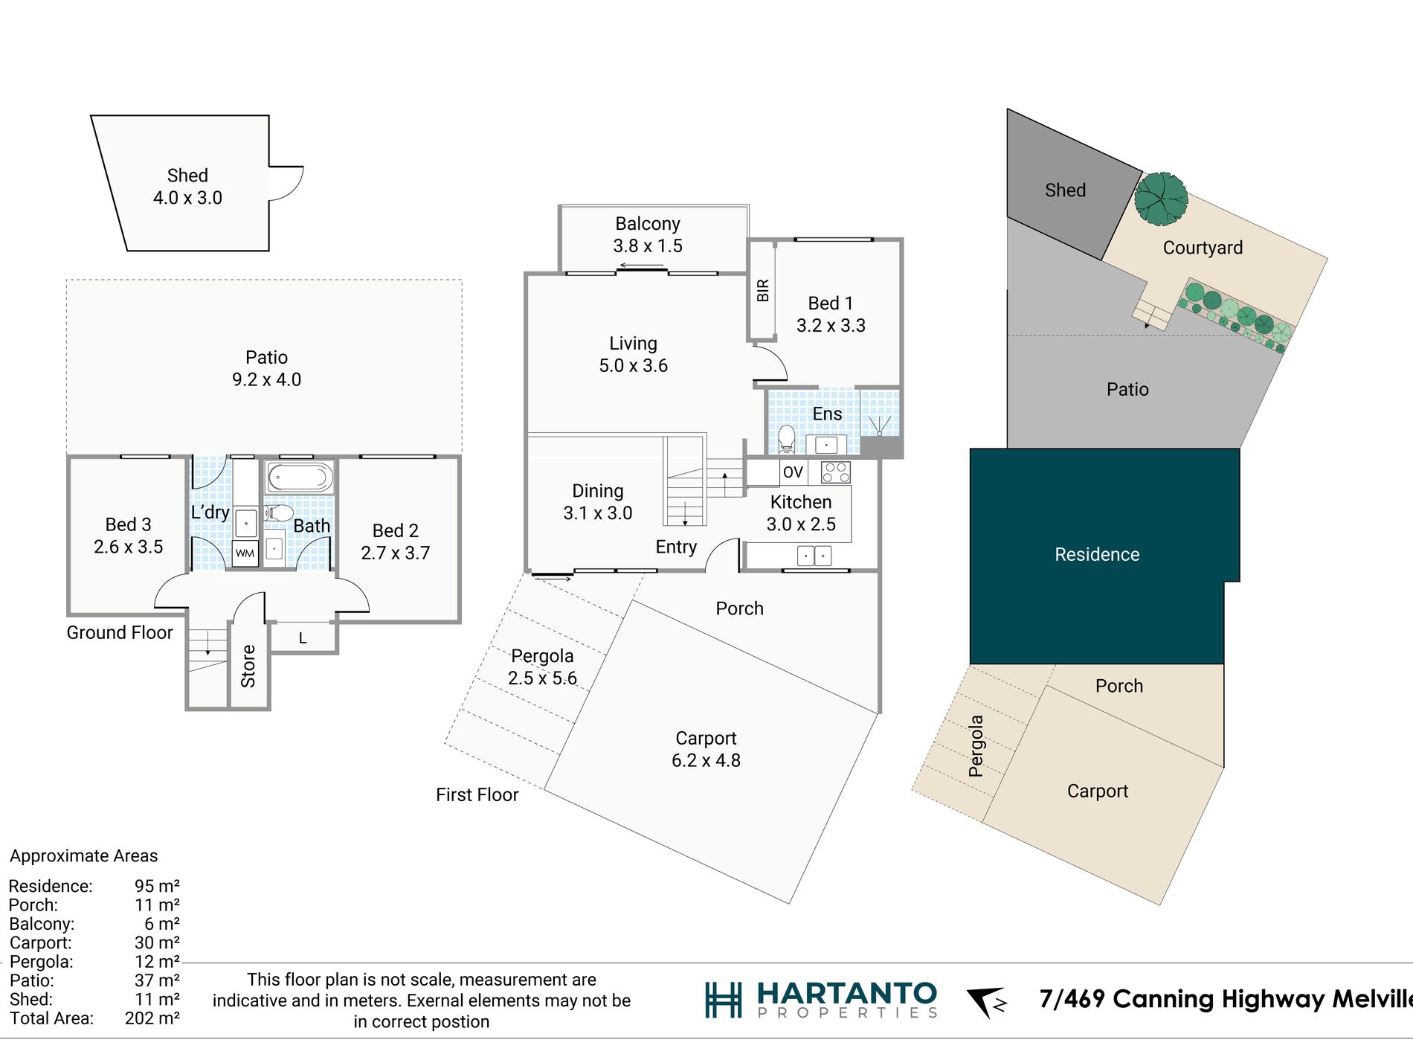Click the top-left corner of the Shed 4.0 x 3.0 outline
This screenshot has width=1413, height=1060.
[91, 115]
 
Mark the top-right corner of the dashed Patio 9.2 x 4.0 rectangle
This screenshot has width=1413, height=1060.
[462, 280]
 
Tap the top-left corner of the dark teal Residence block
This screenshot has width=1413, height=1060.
[971, 449]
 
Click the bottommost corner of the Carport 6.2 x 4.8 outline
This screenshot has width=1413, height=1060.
[789, 904]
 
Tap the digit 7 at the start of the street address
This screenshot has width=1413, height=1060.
[1046, 998]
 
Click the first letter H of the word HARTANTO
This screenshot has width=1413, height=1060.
[771, 993]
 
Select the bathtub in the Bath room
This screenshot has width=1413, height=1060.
[300, 477]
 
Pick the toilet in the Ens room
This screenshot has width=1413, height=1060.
[787, 438]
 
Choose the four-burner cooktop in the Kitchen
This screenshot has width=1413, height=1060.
[835, 472]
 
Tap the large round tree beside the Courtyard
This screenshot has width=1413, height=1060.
[1161, 199]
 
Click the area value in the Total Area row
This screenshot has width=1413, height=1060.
[152, 1018]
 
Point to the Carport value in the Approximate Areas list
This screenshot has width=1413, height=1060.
[157, 942]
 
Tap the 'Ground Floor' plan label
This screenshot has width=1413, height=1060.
[120, 632]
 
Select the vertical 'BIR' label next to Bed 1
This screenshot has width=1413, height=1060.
[762, 290]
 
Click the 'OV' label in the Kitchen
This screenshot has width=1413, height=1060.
[793, 472]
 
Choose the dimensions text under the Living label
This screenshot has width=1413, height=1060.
[634, 366]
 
